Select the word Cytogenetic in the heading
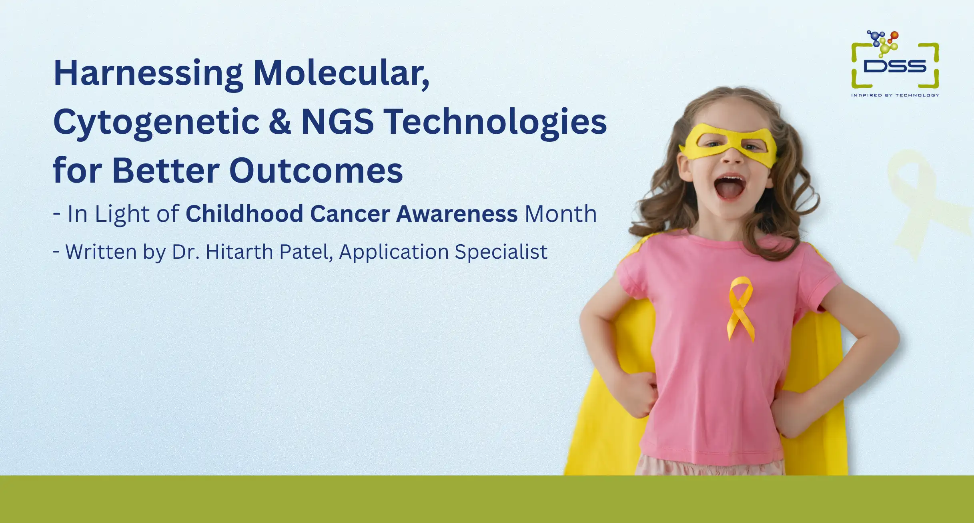click(x=156, y=122)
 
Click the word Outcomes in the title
click(x=316, y=171)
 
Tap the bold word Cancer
click(x=350, y=213)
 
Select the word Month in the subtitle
click(x=561, y=213)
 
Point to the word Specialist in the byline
click(x=501, y=252)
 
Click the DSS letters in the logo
click(x=895, y=66)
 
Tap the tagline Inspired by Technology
click(x=895, y=95)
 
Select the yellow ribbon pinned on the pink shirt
click(x=741, y=308)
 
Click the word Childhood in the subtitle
click(x=245, y=213)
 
